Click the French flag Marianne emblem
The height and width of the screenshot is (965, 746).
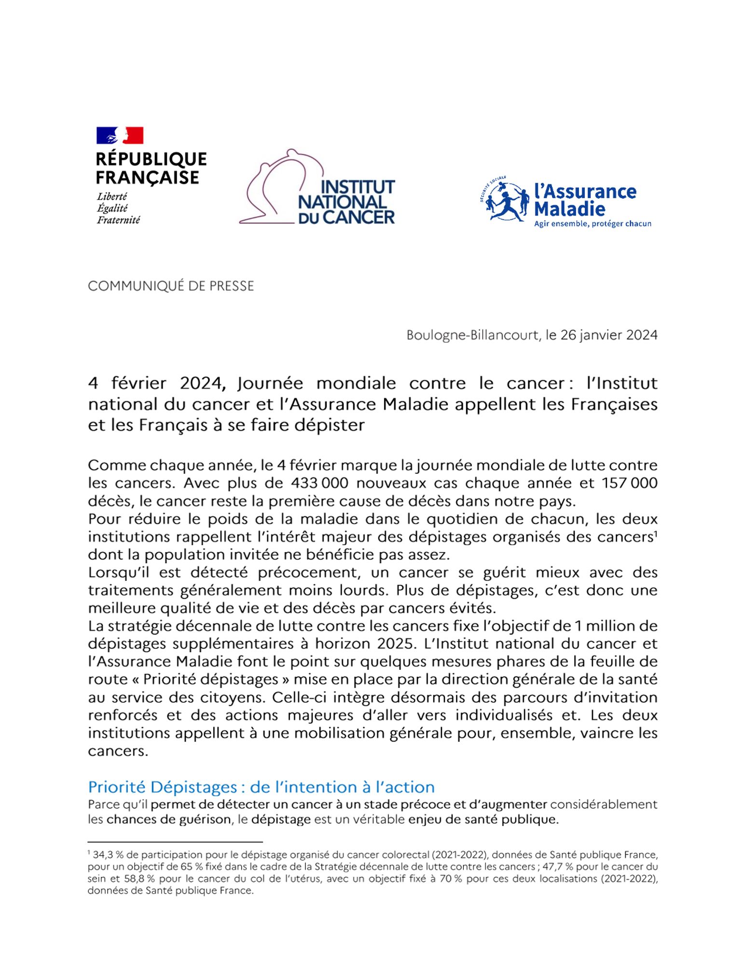click(120, 136)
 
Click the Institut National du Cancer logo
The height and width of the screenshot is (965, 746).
click(317, 188)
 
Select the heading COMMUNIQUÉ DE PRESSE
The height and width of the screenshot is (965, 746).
click(171, 286)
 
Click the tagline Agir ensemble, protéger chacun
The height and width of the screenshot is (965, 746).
click(593, 224)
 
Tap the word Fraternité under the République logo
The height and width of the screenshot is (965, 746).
click(118, 220)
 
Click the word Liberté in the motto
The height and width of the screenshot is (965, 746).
click(112, 197)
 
